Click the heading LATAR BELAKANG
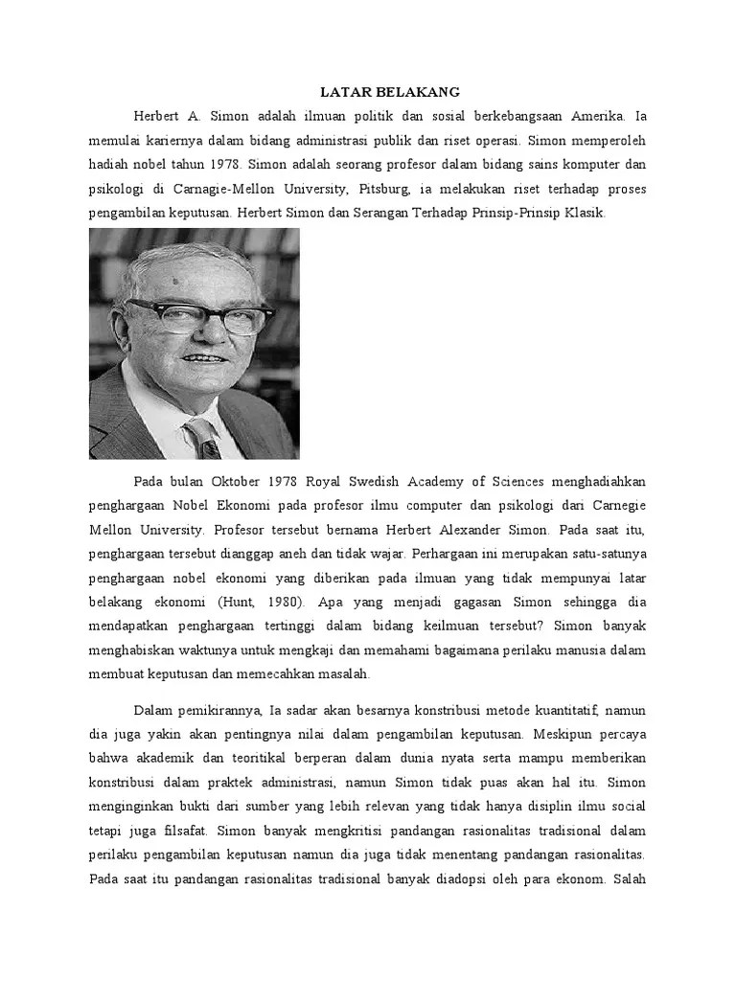tap(389, 92)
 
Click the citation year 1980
tap(277, 602)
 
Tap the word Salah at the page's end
tap(628, 879)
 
